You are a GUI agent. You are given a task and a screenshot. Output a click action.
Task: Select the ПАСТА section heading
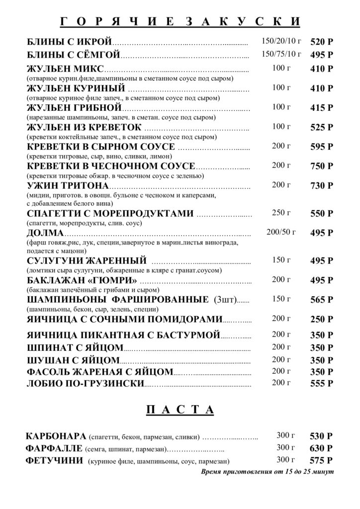point(180,410)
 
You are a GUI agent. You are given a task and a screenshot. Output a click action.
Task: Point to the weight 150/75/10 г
point(281,54)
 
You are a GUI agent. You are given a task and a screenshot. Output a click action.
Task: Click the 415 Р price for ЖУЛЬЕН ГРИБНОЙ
point(322,108)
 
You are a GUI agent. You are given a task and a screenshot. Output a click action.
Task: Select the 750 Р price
point(322,167)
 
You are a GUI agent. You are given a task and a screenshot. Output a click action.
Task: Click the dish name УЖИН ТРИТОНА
point(68,186)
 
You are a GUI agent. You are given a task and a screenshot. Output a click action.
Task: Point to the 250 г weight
point(281,213)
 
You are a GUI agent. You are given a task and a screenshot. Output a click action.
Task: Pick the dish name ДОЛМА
point(45,233)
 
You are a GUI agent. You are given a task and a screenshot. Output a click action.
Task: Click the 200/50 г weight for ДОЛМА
point(281,232)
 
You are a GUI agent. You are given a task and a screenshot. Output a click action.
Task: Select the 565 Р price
point(322,300)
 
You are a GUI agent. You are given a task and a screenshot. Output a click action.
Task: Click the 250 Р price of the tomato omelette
point(322,319)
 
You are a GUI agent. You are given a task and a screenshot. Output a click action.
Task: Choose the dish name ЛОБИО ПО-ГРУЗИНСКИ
point(85,383)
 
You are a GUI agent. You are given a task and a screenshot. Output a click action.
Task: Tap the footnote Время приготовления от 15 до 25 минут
point(268,471)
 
